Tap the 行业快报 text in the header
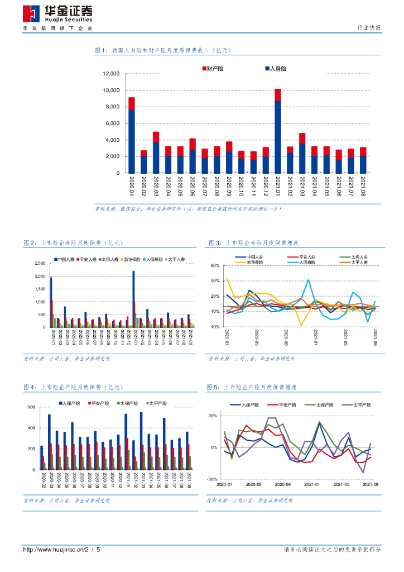pos(368,28)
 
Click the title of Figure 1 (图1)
pos(162,50)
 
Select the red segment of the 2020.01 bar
pos(132,103)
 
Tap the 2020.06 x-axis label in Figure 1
pos(193,184)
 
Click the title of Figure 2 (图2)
pos(73,243)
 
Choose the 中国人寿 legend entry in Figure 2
pos(65,260)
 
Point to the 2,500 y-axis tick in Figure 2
pos(40,264)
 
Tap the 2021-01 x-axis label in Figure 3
pos(316,338)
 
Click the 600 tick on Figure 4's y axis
pos(32,407)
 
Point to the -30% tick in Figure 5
pos(212,479)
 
